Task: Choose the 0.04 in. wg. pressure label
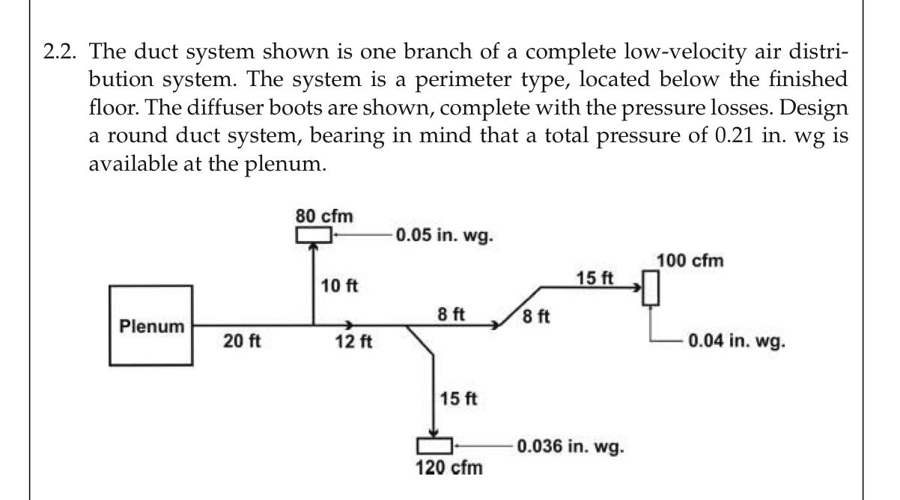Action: pos(736,344)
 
